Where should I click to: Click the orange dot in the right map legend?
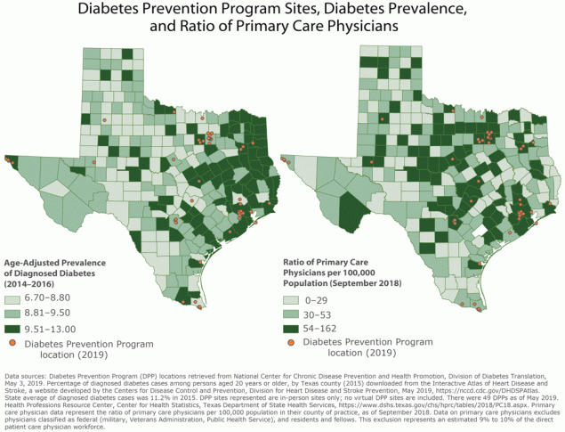(292, 343)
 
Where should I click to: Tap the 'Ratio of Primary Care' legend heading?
(323, 263)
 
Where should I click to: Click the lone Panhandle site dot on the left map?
(104, 119)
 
